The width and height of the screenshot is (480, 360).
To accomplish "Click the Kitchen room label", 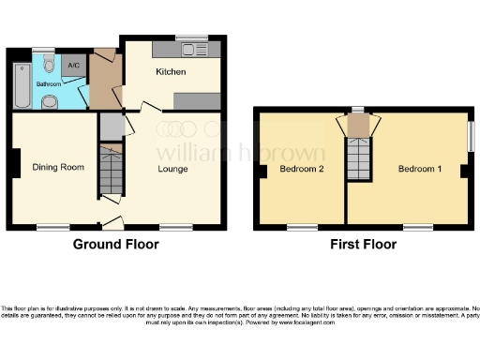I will point(171,72).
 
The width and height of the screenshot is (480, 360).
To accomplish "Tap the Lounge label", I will point(172,169).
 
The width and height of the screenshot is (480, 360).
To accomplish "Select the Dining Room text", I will point(59,168).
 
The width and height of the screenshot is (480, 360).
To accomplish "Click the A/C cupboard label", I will point(74,66).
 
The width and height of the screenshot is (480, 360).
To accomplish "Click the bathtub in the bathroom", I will point(22,82).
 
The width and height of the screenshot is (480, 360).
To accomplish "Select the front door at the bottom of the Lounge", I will point(113,223).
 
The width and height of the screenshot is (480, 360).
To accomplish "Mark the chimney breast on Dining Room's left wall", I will point(12,165).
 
